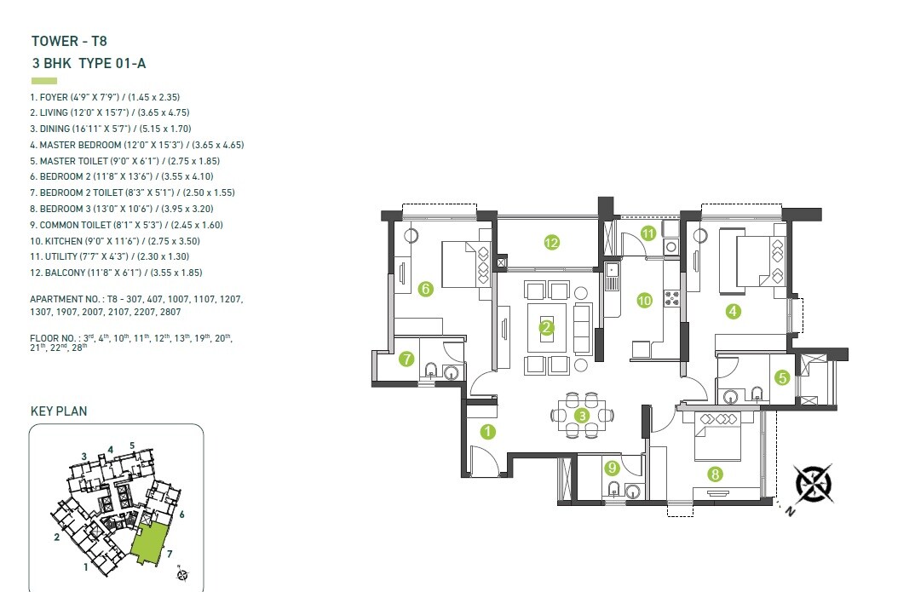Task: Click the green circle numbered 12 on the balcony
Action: coord(551,243)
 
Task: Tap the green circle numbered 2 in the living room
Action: coord(546,327)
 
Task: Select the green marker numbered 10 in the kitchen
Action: coord(644,300)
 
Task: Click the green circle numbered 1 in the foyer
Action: coord(486,431)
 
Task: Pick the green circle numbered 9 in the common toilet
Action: coord(611,467)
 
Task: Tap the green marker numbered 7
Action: coord(406,359)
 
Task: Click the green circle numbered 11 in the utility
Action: coord(648,233)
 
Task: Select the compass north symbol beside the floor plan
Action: coord(814,482)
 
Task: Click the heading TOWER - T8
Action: coord(69,40)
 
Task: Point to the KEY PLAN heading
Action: coord(59,411)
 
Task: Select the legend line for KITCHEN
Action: coord(115,241)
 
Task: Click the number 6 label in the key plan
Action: coord(182,514)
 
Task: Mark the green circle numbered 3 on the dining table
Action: coord(582,416)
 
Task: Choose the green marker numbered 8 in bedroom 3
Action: coord(715,474)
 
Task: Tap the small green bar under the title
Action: coord(43,81)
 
